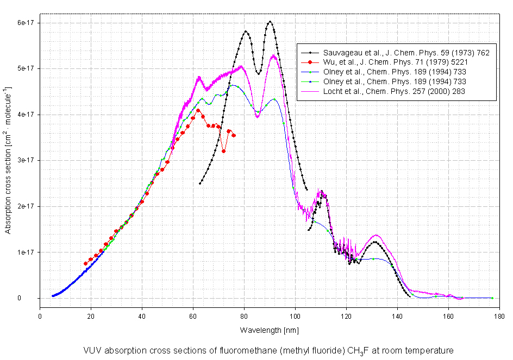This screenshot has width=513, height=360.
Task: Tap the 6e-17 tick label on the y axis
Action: coord(25,22)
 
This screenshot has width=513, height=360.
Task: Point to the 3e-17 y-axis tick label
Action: coord(25,160)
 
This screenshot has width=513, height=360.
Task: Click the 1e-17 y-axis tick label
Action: coord(25,252)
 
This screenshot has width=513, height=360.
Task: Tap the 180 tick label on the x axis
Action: coord(499,315)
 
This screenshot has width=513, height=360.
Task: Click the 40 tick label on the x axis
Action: coord(142,315)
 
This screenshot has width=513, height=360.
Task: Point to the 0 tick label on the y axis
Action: coord(33,298)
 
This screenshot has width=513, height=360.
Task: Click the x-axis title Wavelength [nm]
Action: coord(269,330)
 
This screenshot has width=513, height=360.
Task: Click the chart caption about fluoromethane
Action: coord(268,350)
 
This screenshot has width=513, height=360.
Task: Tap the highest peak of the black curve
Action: coord(270,22)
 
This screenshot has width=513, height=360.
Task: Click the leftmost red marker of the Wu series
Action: coord(85,263)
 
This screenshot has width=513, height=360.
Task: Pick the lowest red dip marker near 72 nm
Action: coord(223,151)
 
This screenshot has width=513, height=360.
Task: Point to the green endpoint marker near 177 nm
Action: coord(492,298)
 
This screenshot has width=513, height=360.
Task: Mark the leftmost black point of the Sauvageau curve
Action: coord(200,184)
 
